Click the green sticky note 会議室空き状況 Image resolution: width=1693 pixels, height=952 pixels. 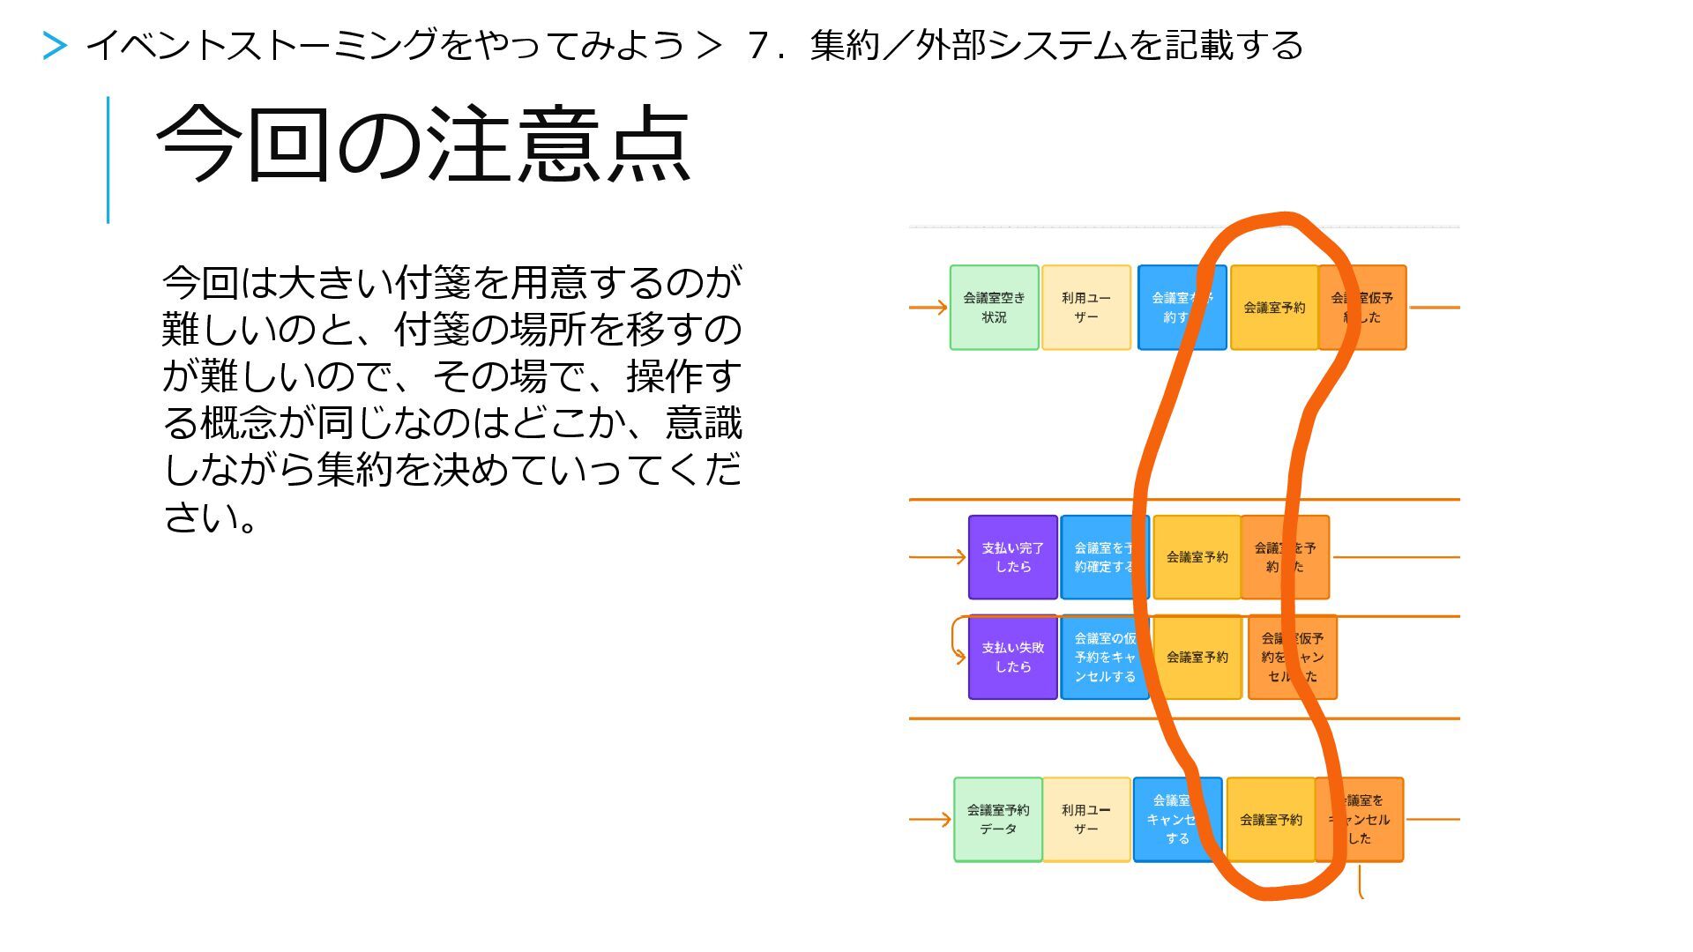coord(994,308)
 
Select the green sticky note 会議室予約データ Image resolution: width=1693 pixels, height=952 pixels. coord(997,820)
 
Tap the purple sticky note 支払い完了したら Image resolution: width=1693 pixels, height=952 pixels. coord(1012,557)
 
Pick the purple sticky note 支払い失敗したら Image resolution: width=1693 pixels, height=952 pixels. coord(1012,658)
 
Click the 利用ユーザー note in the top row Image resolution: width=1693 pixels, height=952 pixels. coord(1085,308)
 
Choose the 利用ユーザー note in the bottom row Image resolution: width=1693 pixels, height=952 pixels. coord(1085,820)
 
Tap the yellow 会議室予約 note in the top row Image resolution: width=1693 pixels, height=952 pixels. coord(1273,308)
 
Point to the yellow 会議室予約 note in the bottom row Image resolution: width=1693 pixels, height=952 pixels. coord(1271,820)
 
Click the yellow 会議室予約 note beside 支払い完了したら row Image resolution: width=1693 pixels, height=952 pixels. coord(1197,557)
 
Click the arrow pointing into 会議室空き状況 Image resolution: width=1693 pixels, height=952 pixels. coord(929,308)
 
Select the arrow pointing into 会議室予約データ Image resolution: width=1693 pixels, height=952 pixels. coord(930,820)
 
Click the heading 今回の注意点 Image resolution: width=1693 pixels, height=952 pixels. coord(423,144)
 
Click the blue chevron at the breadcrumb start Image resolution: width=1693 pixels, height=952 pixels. coord(55,46)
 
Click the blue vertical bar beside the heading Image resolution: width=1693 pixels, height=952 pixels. coord(108,160)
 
